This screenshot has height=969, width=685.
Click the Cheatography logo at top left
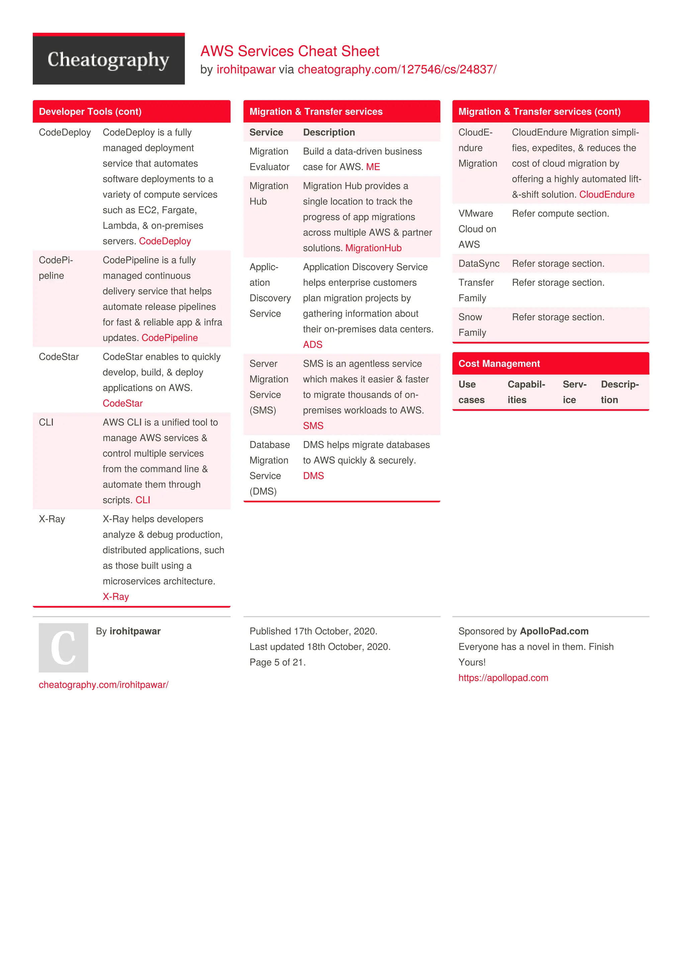108,59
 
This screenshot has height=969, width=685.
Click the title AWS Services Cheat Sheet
290,51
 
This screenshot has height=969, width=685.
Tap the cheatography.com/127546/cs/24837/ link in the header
397,70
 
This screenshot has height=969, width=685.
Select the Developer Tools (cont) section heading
90,112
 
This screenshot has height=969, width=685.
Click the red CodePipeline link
170,338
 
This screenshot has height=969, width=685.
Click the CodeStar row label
59,357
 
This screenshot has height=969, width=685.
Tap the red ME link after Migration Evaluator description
373,167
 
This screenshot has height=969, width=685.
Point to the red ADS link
312,344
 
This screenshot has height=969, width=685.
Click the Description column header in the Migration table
329,132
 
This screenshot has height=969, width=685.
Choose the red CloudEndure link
606,195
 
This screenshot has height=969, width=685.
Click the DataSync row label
479,264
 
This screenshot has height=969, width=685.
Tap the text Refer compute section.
560,214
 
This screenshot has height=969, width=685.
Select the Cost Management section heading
499,364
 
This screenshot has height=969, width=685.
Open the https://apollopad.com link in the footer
503,678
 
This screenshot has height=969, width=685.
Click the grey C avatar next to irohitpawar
63,647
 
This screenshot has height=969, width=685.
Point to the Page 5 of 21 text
277,662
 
